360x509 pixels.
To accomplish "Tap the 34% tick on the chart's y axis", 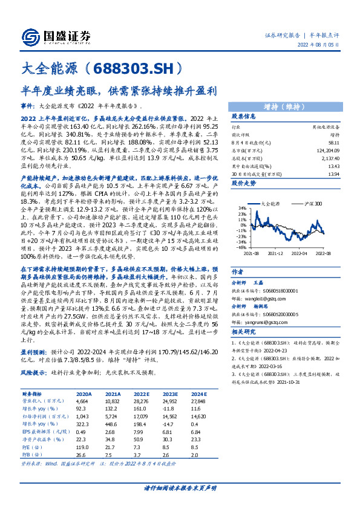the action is point(241,241).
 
